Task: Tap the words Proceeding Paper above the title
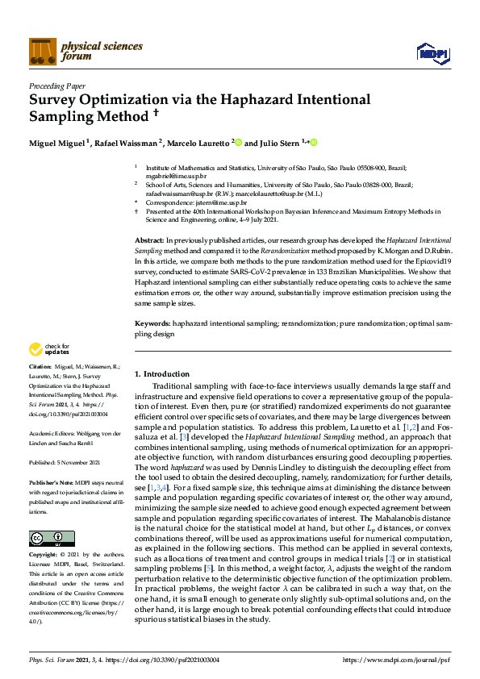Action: tap(56, 84)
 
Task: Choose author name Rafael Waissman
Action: tap(127, 143)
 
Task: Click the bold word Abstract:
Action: tap(148, 241)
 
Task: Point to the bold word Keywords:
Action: tap(152, 323)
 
